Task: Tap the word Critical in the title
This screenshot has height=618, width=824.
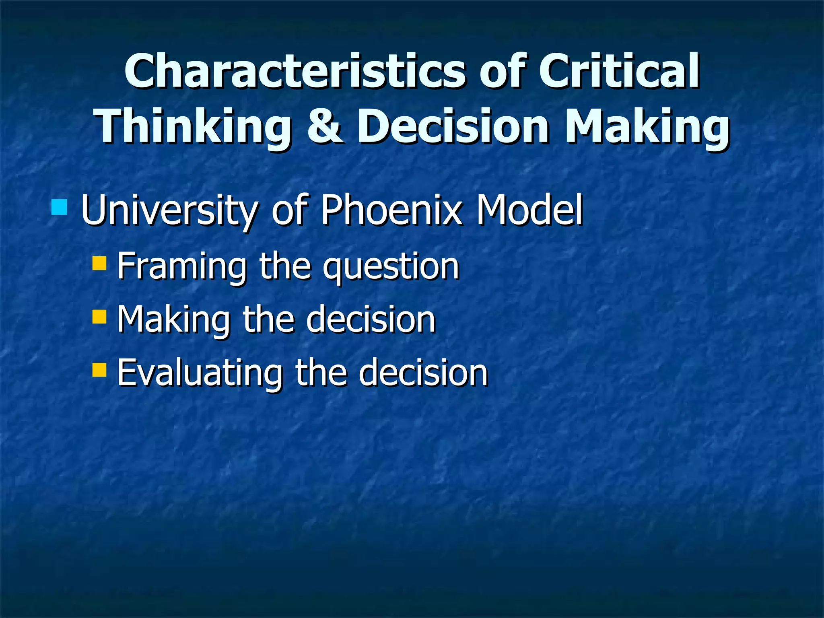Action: (619, 72)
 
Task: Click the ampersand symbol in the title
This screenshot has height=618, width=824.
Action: (325, 126)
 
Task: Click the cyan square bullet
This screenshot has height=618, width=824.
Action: (60, 207)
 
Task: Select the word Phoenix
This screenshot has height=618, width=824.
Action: (391, 210)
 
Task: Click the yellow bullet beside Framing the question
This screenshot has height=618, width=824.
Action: (99, 263)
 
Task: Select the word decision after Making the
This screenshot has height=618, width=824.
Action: (371, 319)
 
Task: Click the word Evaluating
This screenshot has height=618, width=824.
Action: (200, 373)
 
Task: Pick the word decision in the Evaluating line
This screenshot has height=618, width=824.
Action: (423, 373)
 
